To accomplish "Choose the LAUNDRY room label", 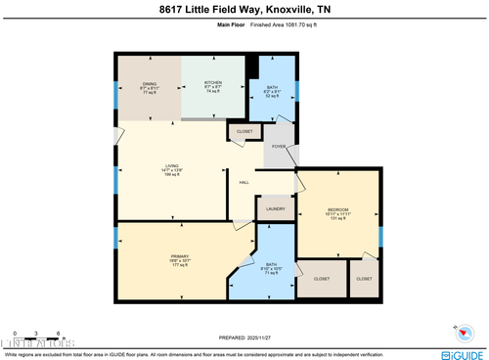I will pyautogui.click(x=275, y=207).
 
